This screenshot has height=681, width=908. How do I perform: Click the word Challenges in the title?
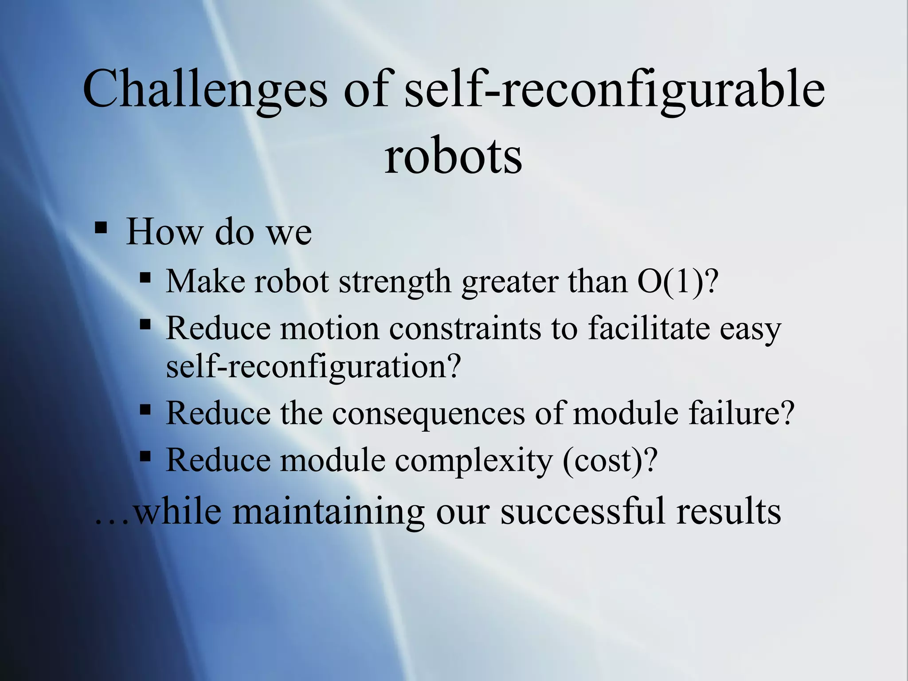[204, 89]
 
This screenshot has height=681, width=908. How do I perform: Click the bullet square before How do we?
[101, 228]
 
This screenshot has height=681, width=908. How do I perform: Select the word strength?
[395, 281]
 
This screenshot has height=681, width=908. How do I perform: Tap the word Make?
[204, 281]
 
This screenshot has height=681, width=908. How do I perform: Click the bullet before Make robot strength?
[145, 278]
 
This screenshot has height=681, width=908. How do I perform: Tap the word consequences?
[428, 413]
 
